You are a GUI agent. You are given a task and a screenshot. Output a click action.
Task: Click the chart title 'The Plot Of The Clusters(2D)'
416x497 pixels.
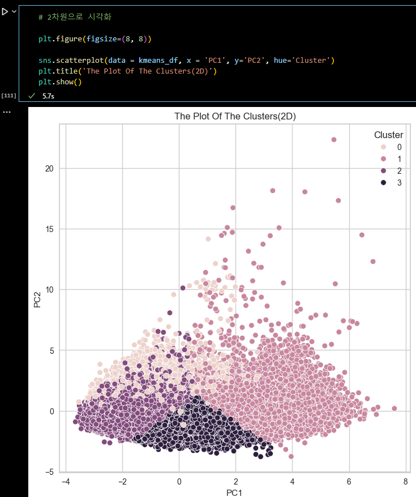coord(235,116)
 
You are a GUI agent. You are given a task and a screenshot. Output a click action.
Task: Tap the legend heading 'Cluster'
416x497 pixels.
coord(388,135)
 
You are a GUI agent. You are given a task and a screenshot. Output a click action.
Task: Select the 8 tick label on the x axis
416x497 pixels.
coord(405,482)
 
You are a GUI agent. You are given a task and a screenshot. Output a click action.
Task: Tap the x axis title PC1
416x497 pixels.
coord(235,492)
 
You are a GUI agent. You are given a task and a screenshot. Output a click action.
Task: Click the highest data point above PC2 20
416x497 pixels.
coord(334,139)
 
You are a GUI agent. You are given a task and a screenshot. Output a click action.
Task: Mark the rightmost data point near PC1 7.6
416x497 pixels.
coord(394,408)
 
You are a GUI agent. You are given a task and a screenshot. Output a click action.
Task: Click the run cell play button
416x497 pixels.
coord(5,11)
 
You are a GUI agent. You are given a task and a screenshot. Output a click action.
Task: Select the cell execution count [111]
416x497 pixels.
coord(8,96)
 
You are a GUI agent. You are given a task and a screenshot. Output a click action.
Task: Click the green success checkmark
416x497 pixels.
coord(32,96)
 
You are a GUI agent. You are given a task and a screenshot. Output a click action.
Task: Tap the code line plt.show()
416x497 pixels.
coord(61,82)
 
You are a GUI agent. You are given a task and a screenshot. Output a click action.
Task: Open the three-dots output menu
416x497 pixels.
coord(6,112)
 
